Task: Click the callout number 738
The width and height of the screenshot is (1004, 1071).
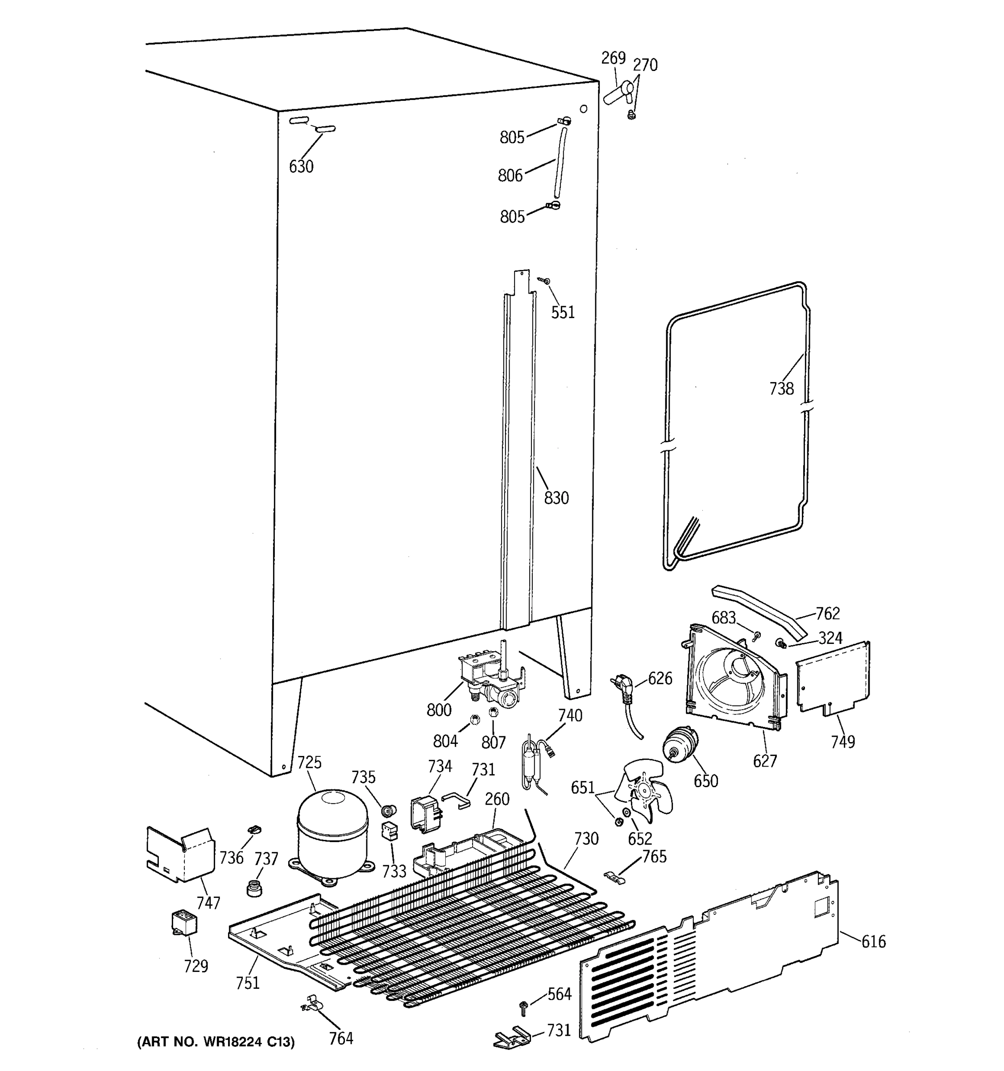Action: [x=781, y=388]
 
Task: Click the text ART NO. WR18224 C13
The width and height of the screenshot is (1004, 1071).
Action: [x=216, y=1042]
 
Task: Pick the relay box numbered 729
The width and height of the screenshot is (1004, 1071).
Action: [x=184, y=922]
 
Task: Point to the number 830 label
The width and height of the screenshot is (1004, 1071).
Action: [x=556, y=498]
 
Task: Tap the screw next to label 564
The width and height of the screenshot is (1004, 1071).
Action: [x=523, y=1005]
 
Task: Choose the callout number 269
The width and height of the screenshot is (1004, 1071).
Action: [x=613, y=58]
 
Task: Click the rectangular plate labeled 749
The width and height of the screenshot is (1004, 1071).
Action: [x=833, y=679]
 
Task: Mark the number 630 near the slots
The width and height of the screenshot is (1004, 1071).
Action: [x=301, y=166]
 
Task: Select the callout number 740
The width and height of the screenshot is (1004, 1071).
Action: [x=570, y=715]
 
